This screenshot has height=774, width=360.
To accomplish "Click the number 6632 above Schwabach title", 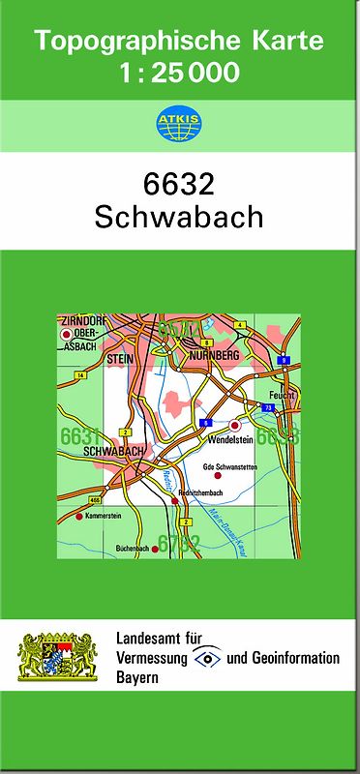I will [x=178, y=183].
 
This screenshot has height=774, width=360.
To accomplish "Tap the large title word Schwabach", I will [x=179, y=216].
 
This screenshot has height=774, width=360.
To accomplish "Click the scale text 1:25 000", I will [x=180, y=73].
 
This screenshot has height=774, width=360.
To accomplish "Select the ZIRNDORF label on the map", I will [x=80, y=320].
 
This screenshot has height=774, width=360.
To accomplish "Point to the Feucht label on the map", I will [x=282, y=397].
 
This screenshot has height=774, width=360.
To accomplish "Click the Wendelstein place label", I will [x=230, y=439].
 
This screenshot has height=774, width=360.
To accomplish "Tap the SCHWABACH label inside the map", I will [x=114, y=451].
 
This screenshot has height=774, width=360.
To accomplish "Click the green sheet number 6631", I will [x=80, y=436].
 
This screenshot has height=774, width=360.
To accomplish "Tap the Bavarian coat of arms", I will [x=58, y=657].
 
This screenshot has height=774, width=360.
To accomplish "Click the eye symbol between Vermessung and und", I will [x=206, y=658].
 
